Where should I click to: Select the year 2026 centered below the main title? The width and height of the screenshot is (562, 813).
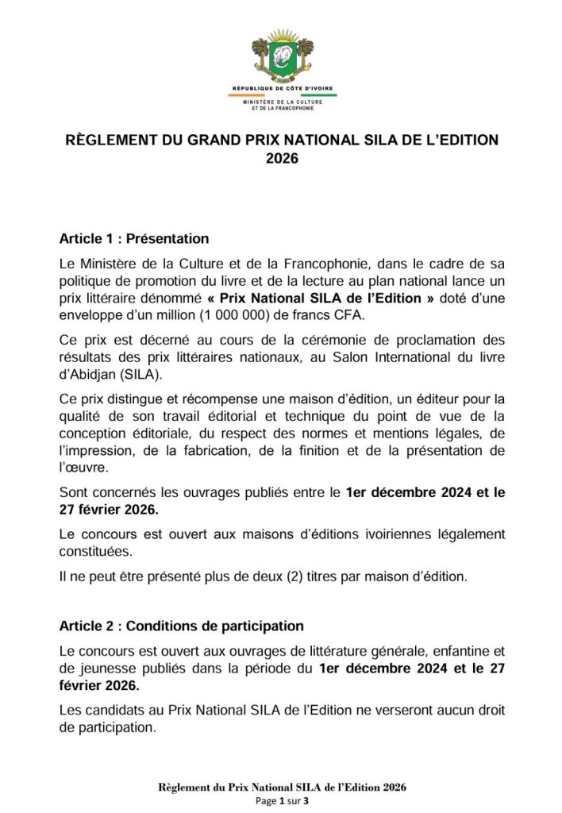(281, 158)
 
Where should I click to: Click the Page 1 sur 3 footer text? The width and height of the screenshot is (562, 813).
(281, 801)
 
